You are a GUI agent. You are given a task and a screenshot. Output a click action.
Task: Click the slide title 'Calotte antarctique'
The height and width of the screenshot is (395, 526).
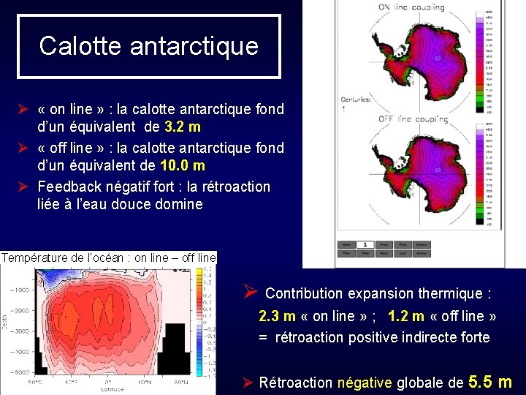[x=148, y=45]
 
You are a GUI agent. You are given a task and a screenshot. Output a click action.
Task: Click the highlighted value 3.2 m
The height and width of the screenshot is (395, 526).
[x=183, y=127]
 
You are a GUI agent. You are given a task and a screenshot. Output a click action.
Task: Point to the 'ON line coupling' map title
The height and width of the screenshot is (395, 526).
[x=411, y=7]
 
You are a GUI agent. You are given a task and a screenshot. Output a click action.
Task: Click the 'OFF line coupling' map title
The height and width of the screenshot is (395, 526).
[x=411, y=118]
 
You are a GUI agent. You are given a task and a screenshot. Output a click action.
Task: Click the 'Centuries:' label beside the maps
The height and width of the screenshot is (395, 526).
[x=357, y=99]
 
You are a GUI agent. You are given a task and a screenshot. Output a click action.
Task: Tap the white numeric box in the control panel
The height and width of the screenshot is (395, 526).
[x=364, y=245]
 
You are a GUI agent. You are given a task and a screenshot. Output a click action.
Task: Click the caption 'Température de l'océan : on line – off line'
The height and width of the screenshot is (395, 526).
[x=109, y=257]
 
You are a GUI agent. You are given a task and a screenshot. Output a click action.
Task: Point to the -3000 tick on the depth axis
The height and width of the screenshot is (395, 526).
[x=20, y=331]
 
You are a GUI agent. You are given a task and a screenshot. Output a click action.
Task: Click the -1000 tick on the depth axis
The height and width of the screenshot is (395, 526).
[x=20, y=290]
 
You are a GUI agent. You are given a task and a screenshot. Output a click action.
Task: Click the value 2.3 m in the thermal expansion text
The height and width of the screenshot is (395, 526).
[x=277, y=316]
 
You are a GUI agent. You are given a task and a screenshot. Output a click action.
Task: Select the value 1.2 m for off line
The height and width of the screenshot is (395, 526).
[x=405, y=316]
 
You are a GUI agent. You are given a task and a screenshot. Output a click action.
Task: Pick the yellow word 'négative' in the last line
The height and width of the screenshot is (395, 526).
[x=364, y=382]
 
